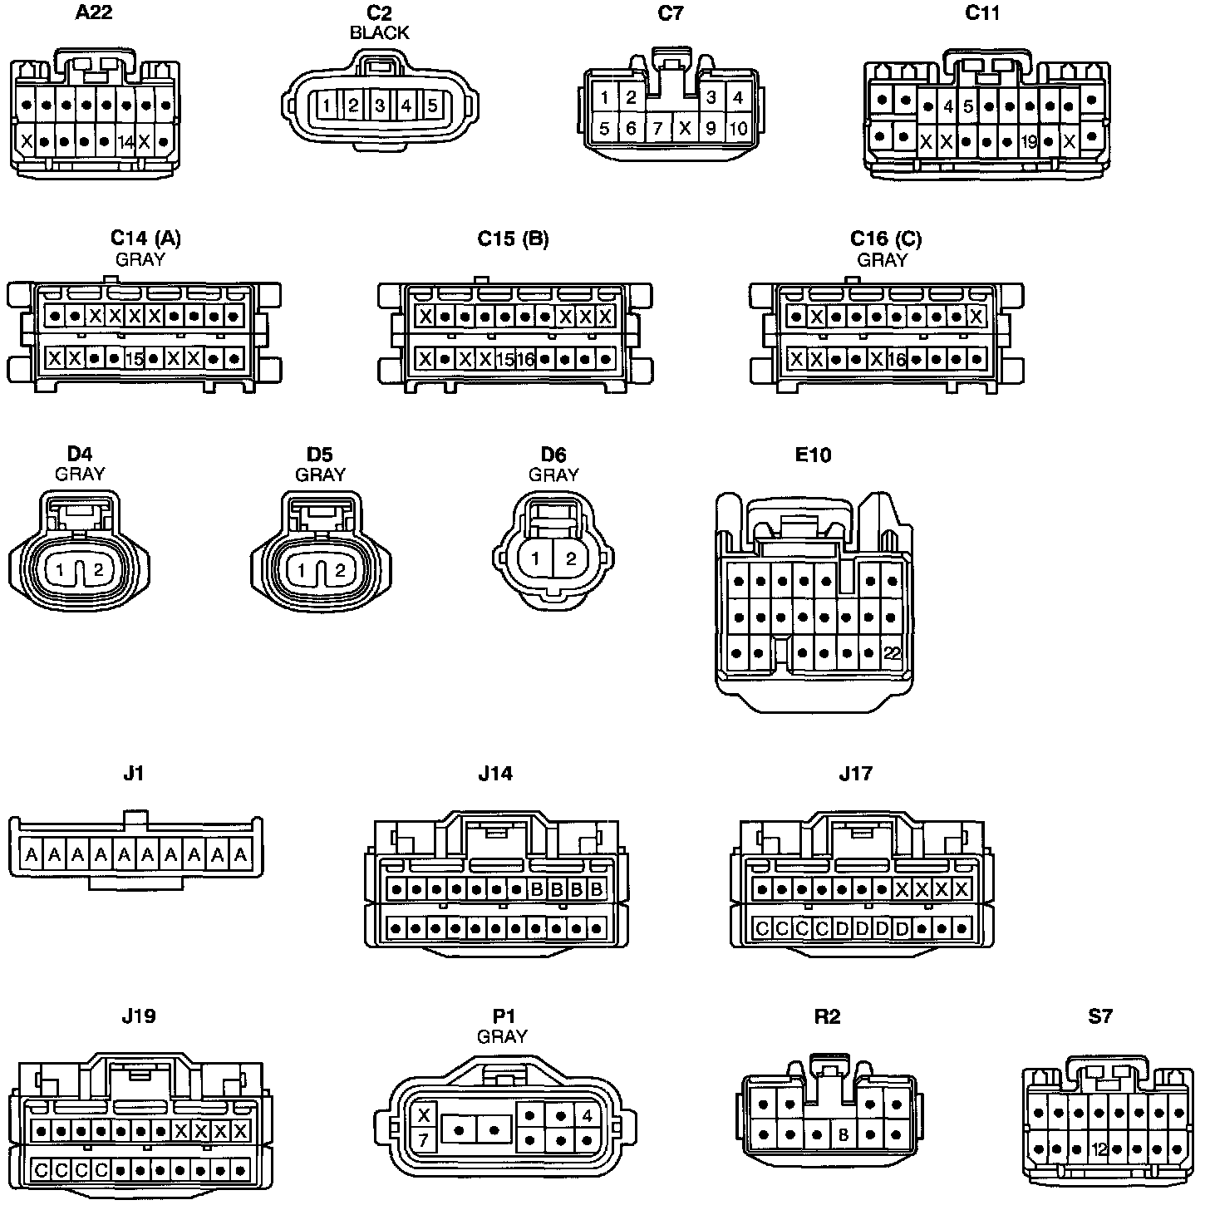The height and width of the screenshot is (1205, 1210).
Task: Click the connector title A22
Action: coord(95,13)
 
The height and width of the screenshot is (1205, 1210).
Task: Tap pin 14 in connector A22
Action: coord(126,141)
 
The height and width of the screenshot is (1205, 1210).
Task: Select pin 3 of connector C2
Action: coord(380,106)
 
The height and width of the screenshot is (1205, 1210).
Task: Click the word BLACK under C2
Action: coord(379,33)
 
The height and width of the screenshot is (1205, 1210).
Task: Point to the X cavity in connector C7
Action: coord(686,128)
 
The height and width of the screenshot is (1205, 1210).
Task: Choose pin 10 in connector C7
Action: coord(737,128)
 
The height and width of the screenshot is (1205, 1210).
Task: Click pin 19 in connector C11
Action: coord(1029,142)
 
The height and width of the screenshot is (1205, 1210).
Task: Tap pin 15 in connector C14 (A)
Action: coord(134,359)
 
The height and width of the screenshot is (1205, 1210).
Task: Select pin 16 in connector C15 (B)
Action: coord(524,359)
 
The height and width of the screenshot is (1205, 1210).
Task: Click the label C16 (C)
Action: coord(886,239)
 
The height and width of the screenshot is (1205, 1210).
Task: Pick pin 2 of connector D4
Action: coord(98,570)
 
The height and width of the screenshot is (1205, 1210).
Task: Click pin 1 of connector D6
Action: coord(536,558)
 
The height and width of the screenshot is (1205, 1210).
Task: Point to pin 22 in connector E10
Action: coord(892,653)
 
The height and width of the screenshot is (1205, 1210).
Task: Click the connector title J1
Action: coord(133,774)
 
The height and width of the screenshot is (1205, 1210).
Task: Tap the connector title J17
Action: coord(856,774)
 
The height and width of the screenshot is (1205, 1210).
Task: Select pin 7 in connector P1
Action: coord(423,1140)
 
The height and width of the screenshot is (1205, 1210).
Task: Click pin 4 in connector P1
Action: coord(588,1116)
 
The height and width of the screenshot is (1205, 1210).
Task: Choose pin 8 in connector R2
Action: coord(844,1134)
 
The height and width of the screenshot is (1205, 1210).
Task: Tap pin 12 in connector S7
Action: coord(1099,1150)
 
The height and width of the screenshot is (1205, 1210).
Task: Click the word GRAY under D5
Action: coord(320,475)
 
